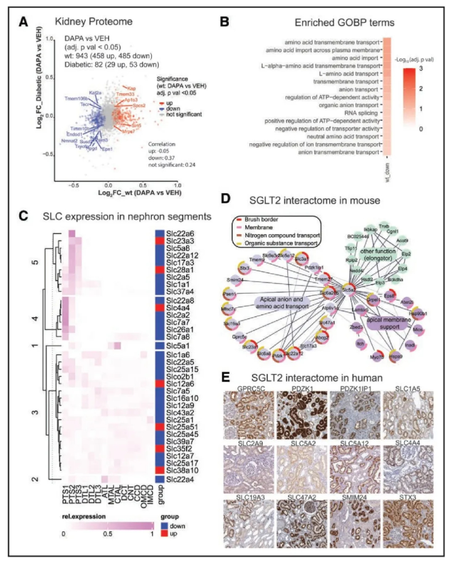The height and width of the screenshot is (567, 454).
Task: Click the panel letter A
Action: (23, 23)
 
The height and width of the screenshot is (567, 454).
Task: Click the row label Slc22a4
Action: (180, 478)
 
